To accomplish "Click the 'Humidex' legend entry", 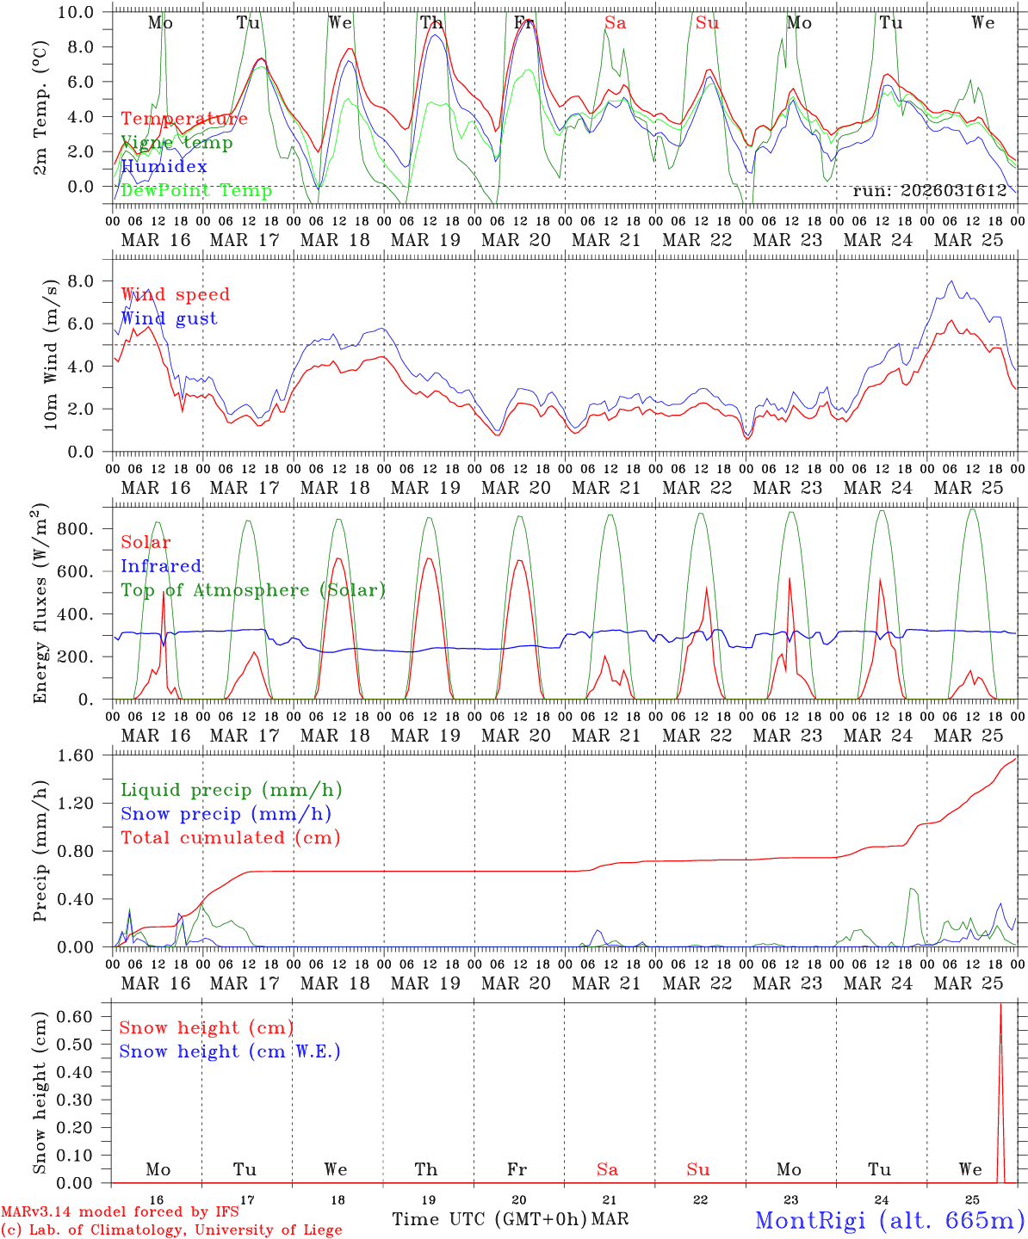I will tap(164, 167).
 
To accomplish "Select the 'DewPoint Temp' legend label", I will tap(196, 191).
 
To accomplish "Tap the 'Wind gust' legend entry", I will tap(169, 319).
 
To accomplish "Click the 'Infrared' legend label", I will tap(161, 566).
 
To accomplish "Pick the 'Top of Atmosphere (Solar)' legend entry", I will tap(253, 590).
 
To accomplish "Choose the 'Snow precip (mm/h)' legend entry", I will tap(226, 814).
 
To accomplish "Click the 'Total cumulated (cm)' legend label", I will tap(231, 838).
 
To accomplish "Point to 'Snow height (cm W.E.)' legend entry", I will tap(230, 1051).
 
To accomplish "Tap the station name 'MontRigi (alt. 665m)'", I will tap(889, 1220).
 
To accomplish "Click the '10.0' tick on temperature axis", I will tap(81, 12).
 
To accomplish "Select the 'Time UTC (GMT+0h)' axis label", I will tap(489, 1219).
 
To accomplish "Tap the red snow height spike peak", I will tap(1000, 1004).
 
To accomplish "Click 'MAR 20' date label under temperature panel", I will tap(516, 240).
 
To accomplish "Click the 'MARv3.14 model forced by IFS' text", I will tap(120, 1212).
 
